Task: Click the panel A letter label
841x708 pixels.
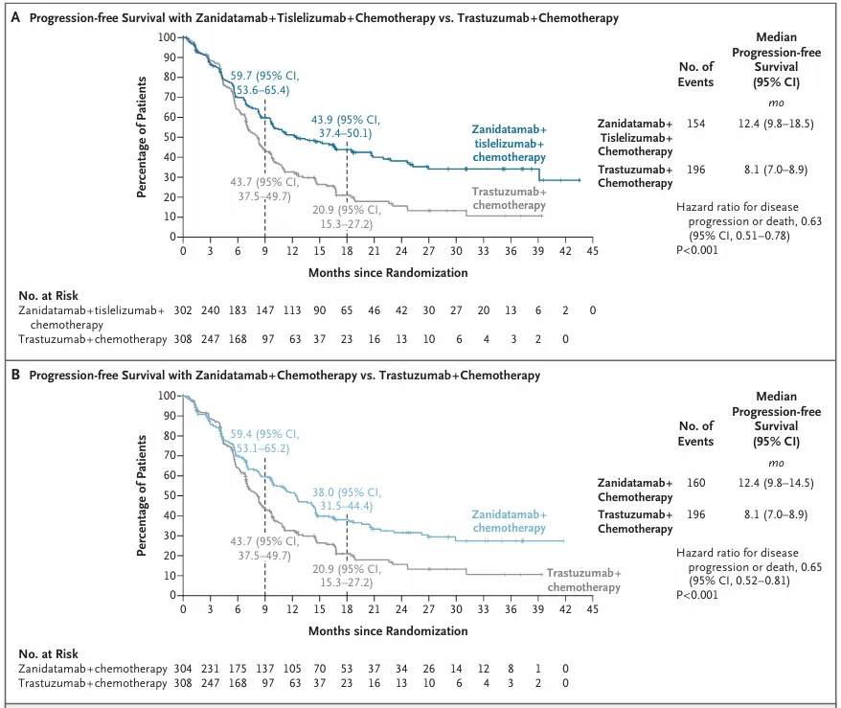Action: coord(15,17)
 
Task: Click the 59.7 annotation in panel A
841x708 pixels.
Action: coord(265,82)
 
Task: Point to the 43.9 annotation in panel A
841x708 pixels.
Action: coord(346,126)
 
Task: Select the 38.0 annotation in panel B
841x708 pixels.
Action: coord(347,499)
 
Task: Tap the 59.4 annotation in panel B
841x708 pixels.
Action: coord(265,441)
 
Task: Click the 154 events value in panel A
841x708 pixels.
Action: coord(695,124)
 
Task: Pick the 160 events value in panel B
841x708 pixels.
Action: coord(695,483)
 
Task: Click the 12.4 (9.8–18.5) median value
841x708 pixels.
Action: coord(776,124)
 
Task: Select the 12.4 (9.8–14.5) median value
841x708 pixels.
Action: coord(776,483)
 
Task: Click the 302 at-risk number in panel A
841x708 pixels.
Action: coord(183,310)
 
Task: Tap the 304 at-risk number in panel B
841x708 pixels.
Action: coord(183,669)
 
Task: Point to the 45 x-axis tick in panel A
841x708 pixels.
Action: coord(592,251)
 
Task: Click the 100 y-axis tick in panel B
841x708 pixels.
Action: coord(167,396)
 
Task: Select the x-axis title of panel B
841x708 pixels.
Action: coord(388,630)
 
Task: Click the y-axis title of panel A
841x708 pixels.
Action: coord(141,137)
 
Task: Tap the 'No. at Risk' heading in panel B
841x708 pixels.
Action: coord(48,653)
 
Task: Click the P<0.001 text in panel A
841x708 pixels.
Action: coord(696,250)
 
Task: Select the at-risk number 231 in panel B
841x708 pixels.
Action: coord(211,669)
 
